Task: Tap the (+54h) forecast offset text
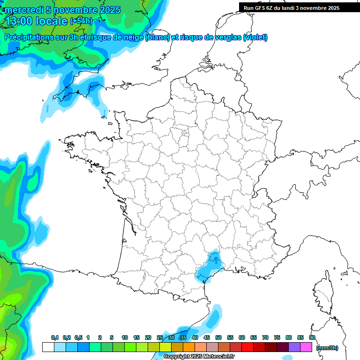81,21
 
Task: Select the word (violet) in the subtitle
255,37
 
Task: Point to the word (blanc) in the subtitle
157,37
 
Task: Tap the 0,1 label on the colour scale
55,337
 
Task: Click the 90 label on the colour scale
312,337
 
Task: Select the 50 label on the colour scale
218,337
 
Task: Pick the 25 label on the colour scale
160,337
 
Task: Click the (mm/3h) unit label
327,348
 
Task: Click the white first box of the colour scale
48,347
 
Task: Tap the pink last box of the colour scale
306,347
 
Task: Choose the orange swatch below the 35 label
189,347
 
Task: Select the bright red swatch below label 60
247,347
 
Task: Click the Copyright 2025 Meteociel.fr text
199,356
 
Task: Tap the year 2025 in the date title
109,10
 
